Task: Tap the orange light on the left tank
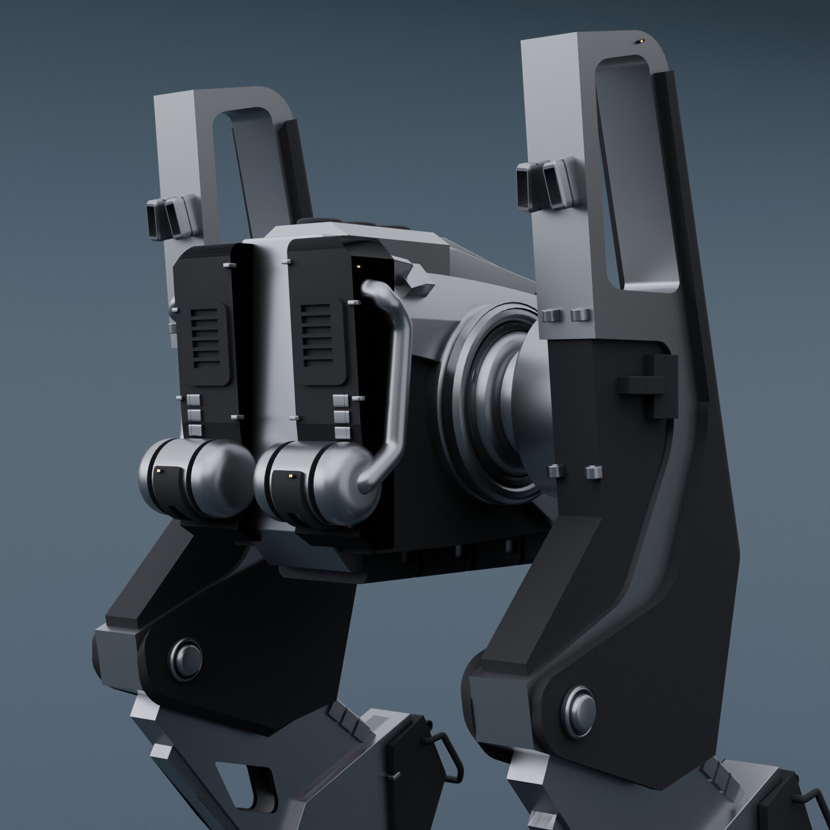pyautogui.click(x=159, y=470)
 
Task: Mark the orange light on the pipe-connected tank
pyautogui.click(x=289, y=476)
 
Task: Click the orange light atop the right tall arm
pyautogui.click(x=639, y=41)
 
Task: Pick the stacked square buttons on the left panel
pyautogui.click(x=195, y=414)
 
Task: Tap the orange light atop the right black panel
pyautogui.click(x=359, y=266)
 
